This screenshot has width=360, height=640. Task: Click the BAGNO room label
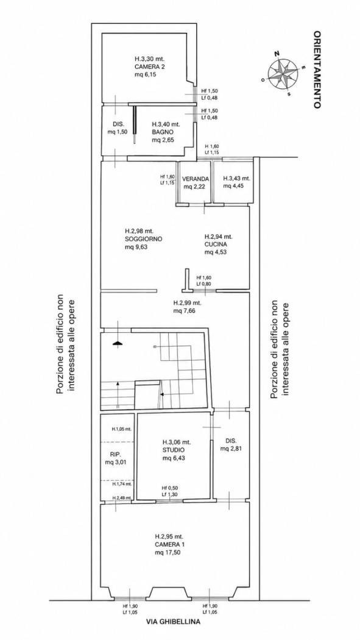click(x=163, y=132)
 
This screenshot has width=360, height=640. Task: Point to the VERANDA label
click(x=196, y=179)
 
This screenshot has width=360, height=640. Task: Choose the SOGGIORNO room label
click(x=144, y=239)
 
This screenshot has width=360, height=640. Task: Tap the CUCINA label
click(x=216, y=244)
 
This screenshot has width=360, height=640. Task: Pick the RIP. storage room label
click(x=116, y=454)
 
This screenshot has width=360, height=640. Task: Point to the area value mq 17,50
click(x=168, y=552)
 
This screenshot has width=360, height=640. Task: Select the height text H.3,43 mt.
click(x=237, y=179)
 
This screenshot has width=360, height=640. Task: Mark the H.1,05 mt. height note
click(x=121, y=429)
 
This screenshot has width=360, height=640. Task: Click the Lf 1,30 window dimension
click(x=169, y=494)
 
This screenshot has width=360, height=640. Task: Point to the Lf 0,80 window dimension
click(x=204, y=283)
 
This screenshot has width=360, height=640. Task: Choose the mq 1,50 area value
click(x=118, y=132)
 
